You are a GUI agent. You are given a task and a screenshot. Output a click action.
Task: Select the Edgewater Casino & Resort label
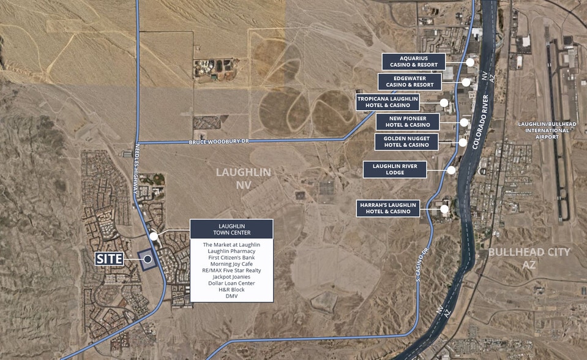point(408,81)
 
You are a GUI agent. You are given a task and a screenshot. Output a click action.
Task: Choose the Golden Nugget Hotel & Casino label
point(406,142)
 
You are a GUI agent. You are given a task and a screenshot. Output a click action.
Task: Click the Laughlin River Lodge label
point(394,170)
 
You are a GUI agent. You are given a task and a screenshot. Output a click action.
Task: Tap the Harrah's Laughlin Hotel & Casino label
point(388,208)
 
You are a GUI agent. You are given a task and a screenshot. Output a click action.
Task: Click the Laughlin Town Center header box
point(231,229)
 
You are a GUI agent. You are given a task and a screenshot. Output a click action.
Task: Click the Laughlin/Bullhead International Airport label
point(547,130)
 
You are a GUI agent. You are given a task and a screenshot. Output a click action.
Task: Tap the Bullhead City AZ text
point(529,257)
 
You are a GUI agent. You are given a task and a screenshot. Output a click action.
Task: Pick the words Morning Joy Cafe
point(231,264)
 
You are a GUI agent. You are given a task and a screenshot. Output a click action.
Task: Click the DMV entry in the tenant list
point(231,296)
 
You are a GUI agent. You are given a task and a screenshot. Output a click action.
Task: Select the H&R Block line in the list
point(231,290)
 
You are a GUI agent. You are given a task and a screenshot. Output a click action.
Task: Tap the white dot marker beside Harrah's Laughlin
point(444,209)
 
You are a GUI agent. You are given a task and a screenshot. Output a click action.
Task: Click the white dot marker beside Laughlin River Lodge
point(451,170)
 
